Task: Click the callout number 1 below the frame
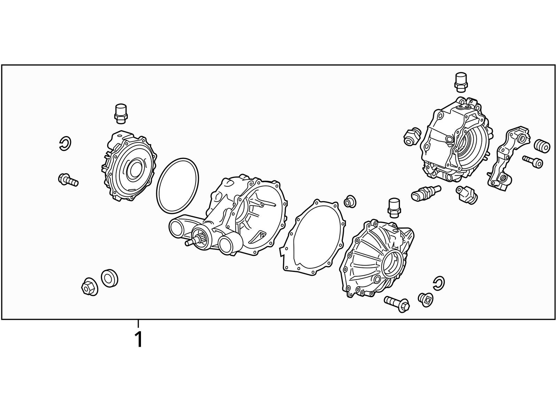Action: point(139,339)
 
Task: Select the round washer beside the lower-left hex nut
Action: point(109,278)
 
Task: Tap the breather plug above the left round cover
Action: point(121,113)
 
